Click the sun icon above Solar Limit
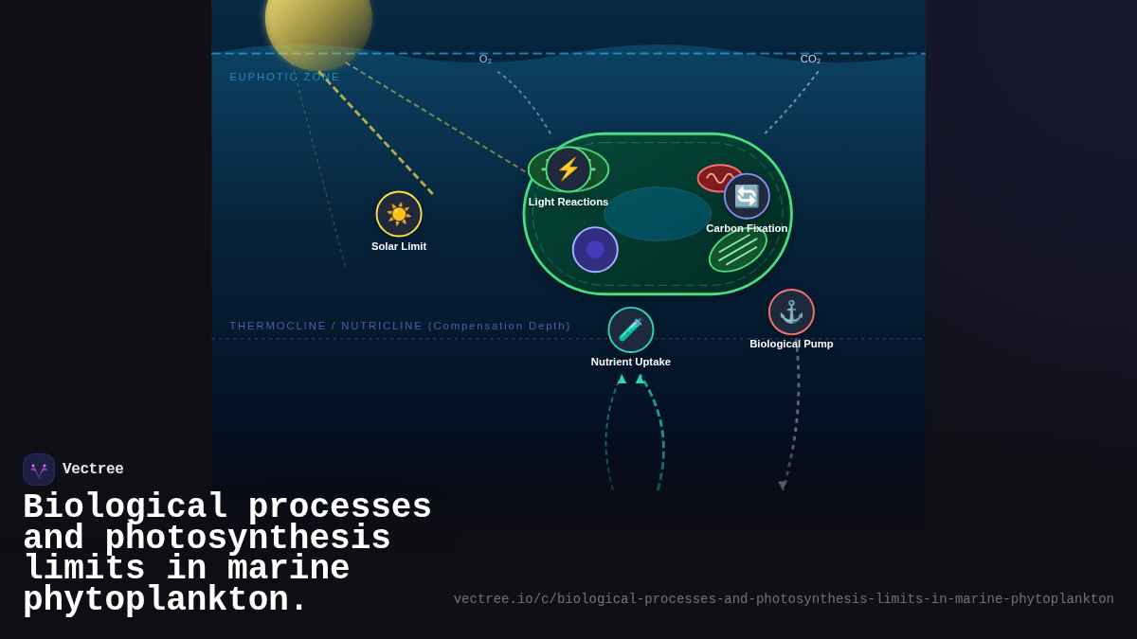click(x=399, y=214)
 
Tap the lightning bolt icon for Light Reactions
click(x=568, y=169)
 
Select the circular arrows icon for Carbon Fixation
click(x=747, y=196)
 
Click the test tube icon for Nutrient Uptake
click(x=631, y=329)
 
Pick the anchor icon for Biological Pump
click(x=791, y=312)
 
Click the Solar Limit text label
click(x=399, y=246)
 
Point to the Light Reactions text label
click(x=568, y=202)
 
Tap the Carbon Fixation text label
click(x=747, y=228)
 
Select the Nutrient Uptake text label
click(x=631, y=362)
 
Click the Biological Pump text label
click(x=791, y=344)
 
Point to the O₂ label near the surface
click(x=485, y=60)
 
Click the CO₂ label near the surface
click(x=810, y=60)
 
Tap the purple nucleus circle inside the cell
click(x=595, y=250)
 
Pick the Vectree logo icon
click(x=39, y=470)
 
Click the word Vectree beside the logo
click(x=93, y=470)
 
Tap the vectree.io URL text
click(x=784, y=599)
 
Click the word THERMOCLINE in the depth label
click(x=278, y=326)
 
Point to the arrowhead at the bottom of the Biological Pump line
click(x=783, y=486)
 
